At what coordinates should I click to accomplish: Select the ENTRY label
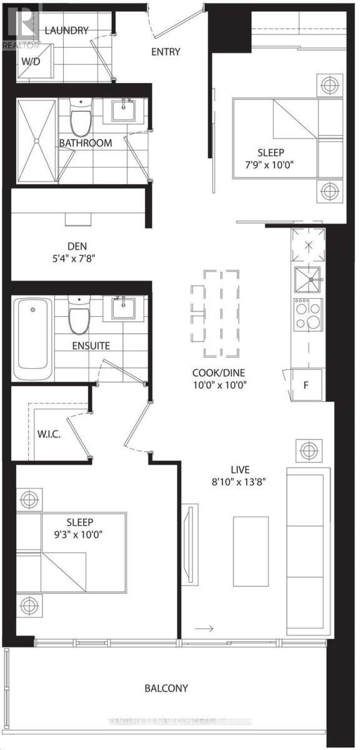[x=166, y=52]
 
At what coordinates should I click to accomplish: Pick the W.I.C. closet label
[x=49, y=434]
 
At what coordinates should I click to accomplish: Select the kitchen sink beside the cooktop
[x=307, y=279]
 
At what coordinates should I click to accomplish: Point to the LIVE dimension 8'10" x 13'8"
[x=240, y=482]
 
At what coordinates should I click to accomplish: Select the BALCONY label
[x=166, y=688]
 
